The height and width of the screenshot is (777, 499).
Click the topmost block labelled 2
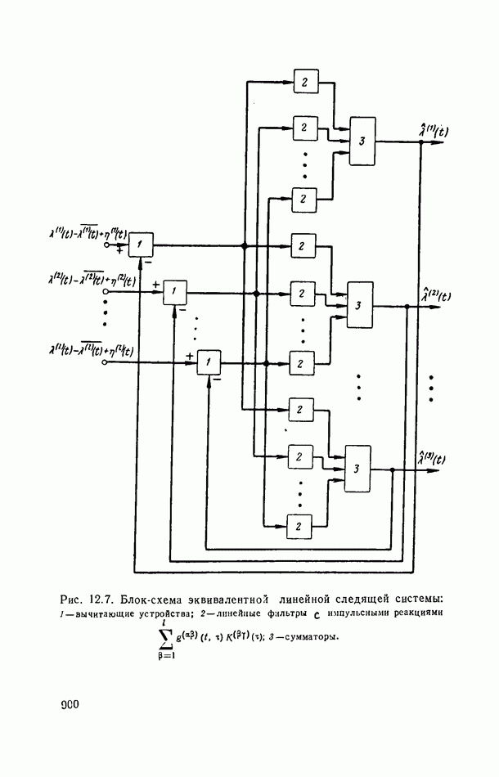point(304,82)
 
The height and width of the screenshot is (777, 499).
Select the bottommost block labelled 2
point(300,524)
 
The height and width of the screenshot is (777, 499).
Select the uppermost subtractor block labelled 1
point(142,245)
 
